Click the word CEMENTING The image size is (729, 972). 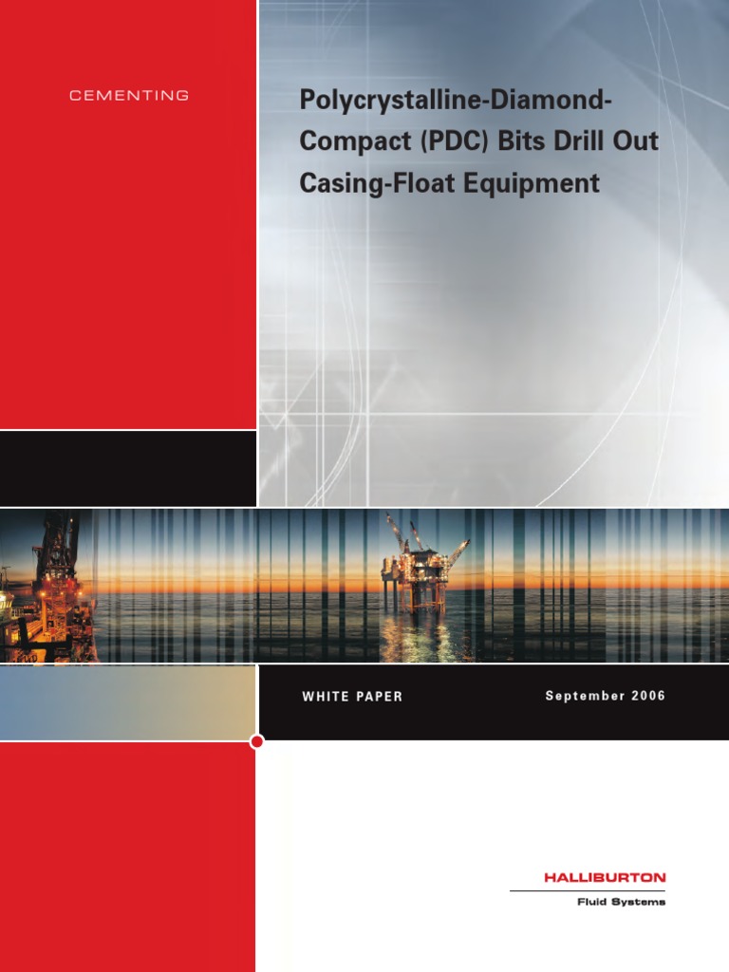(x=129, y=96)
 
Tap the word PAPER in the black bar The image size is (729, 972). (x=379, y=697)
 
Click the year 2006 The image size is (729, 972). (x=646, y=696)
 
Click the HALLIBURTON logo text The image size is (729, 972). (x=605, y=878)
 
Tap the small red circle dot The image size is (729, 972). (x=256, y=741)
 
